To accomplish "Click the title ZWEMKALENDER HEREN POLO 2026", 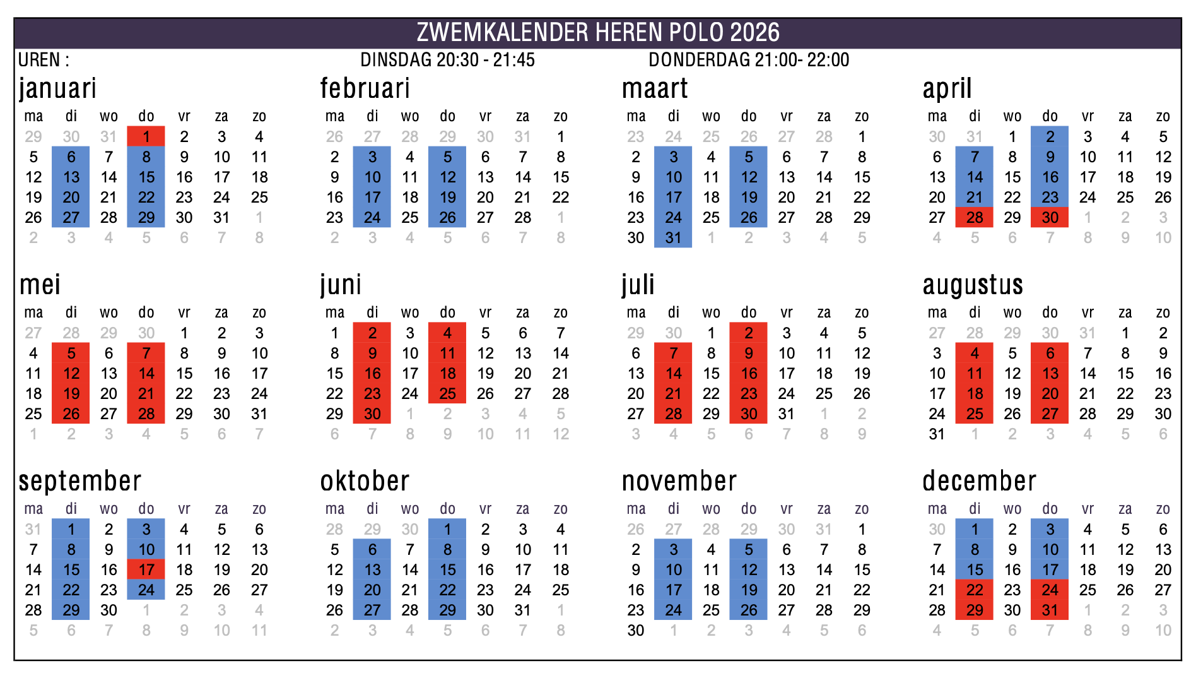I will [x=598, y=32].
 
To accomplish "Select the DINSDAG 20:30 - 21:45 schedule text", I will [x=447, y=60].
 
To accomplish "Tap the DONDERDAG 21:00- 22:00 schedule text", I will [x=749, y=60].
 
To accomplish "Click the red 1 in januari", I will [x=146, y=136].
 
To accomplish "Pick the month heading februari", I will [x=365, y=88].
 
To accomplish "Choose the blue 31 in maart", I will [x=673, y=237].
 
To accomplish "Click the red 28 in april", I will [x=975, y=217].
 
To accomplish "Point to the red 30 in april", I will [x=1050, y=217].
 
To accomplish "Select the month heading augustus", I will [x=973, y=285].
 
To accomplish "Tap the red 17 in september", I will [x=146, y=569].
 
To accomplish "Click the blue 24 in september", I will [x=146, y=590].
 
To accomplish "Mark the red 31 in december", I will [x=1050, y=610].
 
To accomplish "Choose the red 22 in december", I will [x=975, y=590].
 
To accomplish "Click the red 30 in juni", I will [x=372, y=413].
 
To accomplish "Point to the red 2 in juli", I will [x=749, y=333].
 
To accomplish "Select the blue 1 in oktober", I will [x=447, y=529].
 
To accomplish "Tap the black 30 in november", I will [x=636, y=630].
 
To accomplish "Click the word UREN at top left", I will [x=39, y=60].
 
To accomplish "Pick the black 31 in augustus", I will [x=937, y=434].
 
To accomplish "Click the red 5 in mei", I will [x=71, y=353].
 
